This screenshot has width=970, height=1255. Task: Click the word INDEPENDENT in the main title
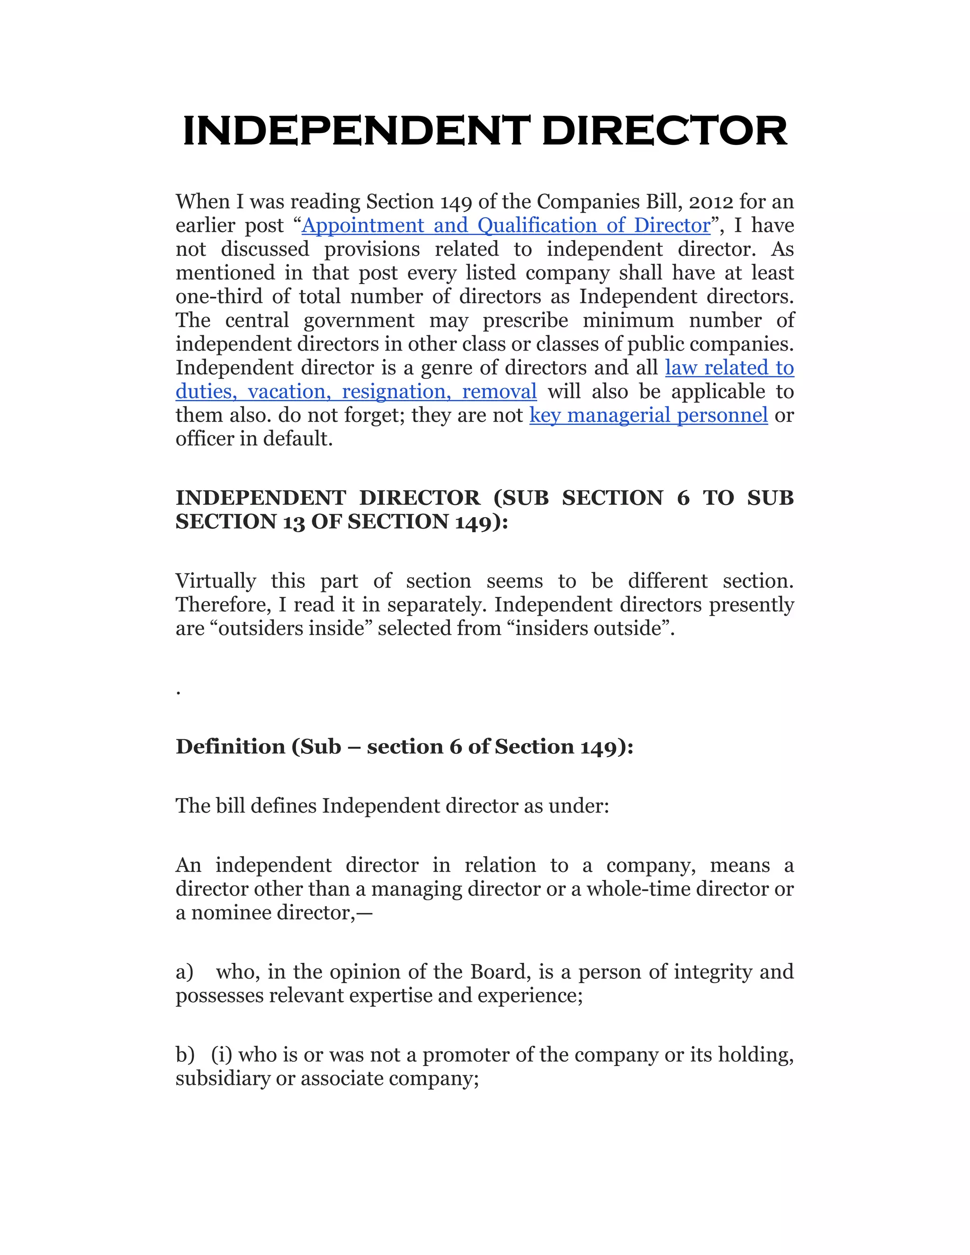tap(356, 131)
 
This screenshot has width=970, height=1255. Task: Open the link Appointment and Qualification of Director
tap(506, 225)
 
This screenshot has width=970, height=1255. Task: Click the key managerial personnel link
tap(648, 415)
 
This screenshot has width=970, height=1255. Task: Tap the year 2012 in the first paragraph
tap(710, 202)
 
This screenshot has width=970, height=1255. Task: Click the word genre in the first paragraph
tap(449, 368)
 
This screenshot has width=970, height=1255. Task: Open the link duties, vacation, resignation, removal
tap(356, 391)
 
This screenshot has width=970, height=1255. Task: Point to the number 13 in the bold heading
tap(294, 522)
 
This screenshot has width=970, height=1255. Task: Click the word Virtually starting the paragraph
tap(216, 581)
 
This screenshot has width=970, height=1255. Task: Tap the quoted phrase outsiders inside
tap(291, 628)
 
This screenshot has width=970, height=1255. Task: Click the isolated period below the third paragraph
tap(179, 693)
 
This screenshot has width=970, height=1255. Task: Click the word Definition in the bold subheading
tap(230, 746)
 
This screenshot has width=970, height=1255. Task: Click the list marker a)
tap(184, 972)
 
